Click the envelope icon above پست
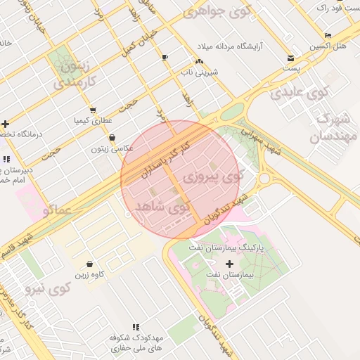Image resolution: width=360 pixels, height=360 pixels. (291, 58)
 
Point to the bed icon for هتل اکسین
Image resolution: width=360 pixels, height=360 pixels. (328, 35)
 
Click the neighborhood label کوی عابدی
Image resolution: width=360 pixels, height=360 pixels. (300, 91)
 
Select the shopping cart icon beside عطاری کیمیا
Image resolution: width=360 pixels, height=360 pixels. (93, 110)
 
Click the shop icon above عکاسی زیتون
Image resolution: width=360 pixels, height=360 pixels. (112, 138)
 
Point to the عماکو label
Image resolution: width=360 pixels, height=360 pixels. (56, 210)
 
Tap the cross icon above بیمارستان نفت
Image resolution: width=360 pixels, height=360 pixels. (229, 264)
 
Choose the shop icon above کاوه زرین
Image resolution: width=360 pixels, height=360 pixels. (89, 264)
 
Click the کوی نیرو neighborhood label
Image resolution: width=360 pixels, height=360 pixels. (49, 288)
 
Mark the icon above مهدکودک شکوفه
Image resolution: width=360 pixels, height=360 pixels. (136, 327)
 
